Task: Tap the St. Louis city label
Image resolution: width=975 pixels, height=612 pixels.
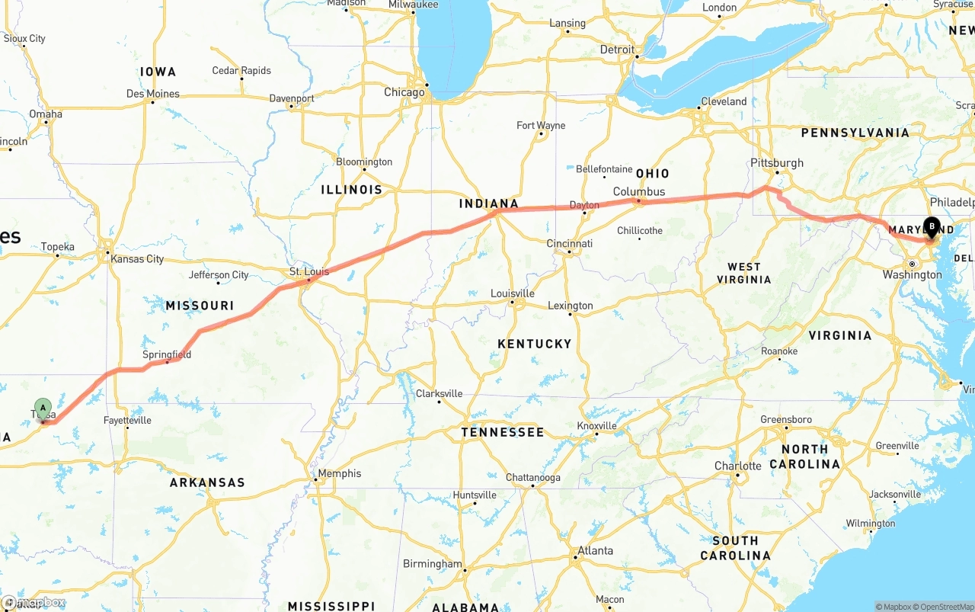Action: [309, 272]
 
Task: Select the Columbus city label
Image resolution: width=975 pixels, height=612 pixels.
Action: [639, 192]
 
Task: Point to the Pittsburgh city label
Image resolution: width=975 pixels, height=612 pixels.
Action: [777, 163]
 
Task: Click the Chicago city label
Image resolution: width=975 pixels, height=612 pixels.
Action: [404, 92]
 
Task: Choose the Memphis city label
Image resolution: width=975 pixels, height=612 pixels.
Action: [339, 473]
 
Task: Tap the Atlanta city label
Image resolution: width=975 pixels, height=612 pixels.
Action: [595, 550]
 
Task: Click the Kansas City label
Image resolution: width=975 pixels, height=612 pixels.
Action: [137, 259]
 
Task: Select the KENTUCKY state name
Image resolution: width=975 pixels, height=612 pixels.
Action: [534, 344]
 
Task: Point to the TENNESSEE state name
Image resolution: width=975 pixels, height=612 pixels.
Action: [503, 432]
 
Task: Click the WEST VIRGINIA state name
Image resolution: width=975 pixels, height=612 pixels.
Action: [743, 273]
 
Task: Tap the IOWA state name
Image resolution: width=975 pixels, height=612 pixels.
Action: [158, 72]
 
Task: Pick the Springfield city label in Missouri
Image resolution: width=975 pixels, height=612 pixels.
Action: [167, 354]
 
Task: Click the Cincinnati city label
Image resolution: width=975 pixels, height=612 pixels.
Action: [570, 244]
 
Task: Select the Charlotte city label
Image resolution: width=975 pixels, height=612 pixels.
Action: [737, 466]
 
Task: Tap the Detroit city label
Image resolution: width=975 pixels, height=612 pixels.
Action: [617, 50]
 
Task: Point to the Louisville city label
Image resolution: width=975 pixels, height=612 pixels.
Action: [513, 293]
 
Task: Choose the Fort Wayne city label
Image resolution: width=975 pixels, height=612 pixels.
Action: [541, 125]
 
